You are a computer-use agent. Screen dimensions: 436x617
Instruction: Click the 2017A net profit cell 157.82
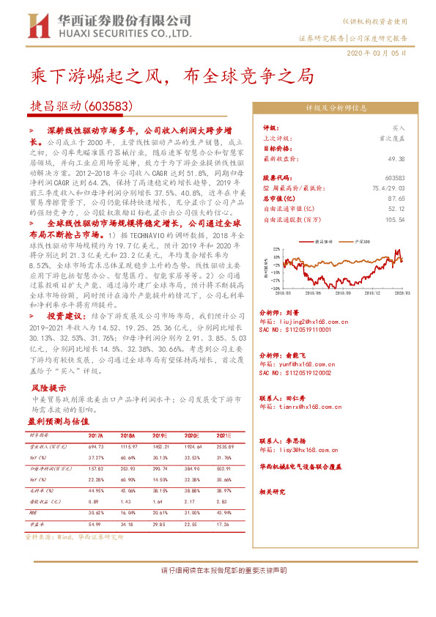coord(94,466)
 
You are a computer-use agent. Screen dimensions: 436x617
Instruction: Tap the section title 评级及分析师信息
coord(336,108)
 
